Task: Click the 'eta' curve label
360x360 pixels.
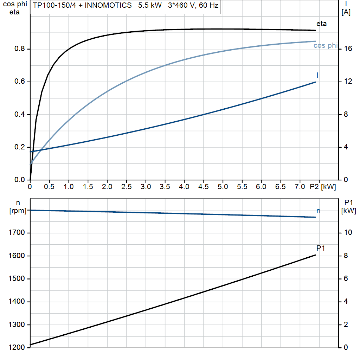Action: coord(321,24)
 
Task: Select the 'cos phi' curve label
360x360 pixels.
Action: coord(325,45)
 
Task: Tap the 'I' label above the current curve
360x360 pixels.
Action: coord(317,75)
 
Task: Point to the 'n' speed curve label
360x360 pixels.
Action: coord(318,211)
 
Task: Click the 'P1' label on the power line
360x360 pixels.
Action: coord(320,248)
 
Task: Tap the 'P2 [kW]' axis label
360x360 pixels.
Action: coord(323,187)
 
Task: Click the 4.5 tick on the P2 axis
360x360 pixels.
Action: coord(204,187)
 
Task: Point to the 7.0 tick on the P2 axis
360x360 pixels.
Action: coord(300,187)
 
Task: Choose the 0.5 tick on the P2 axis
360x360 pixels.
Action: coord(50,187)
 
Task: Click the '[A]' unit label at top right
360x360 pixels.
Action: coord(346,13)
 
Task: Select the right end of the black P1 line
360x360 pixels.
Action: coord(316,255)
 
